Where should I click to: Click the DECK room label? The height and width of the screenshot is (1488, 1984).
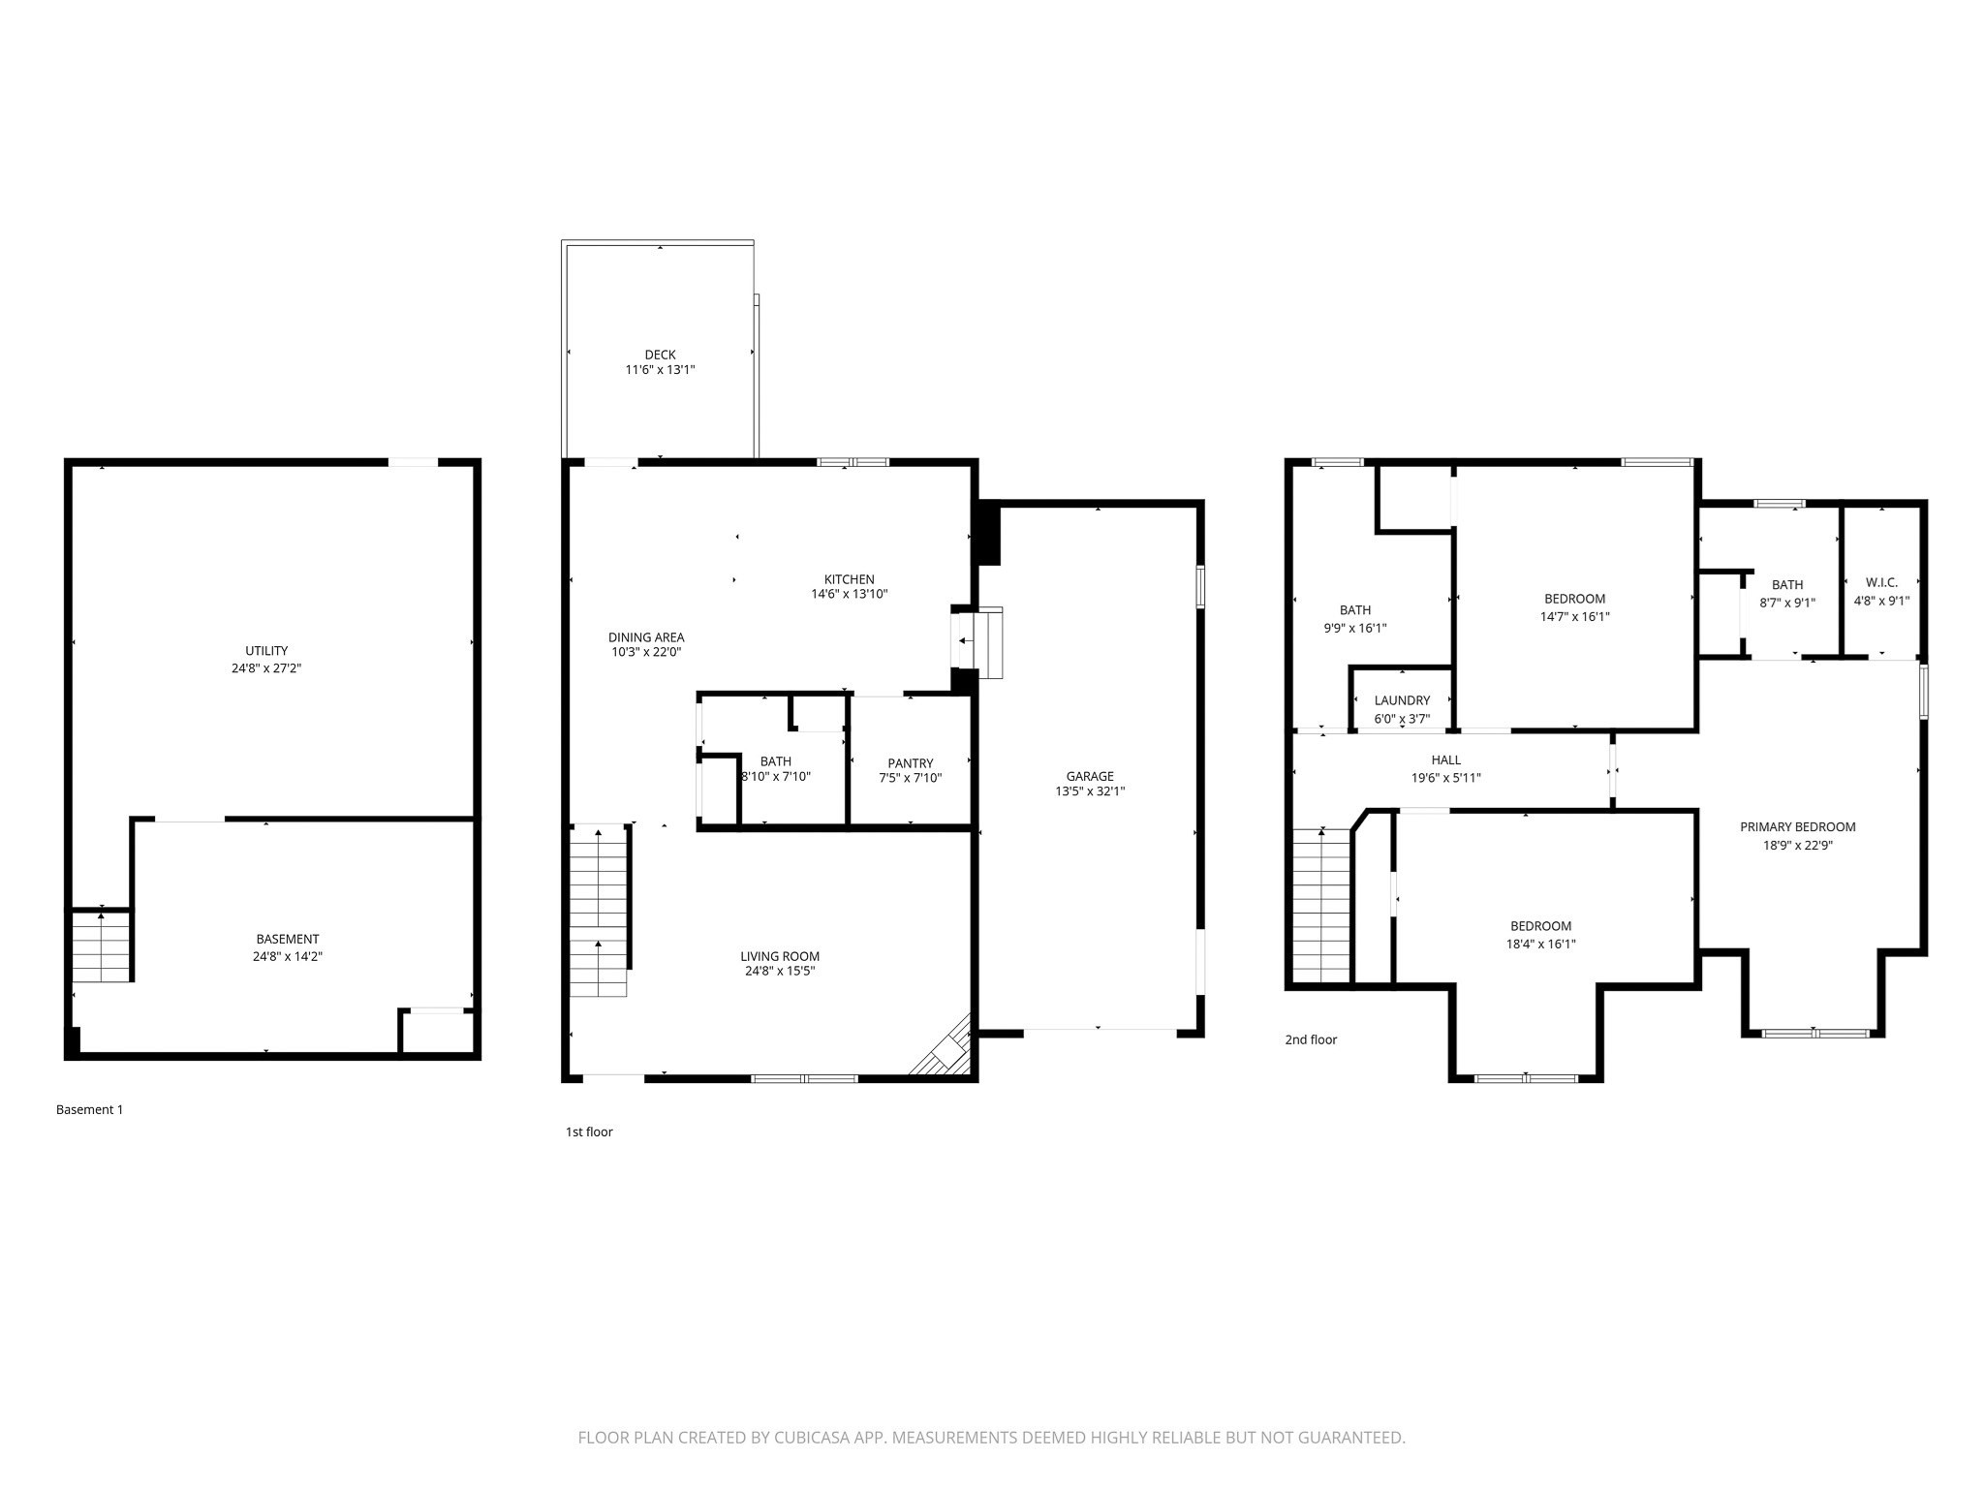660,355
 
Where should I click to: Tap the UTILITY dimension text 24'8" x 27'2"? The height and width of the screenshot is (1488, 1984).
266,668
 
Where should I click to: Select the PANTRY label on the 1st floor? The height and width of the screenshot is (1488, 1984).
910,763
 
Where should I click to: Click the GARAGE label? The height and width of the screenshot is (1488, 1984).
1090,776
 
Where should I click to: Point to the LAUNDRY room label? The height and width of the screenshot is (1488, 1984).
1402,700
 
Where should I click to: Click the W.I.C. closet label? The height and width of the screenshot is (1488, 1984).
1881,582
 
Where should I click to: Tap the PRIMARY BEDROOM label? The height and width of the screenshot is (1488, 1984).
1797,827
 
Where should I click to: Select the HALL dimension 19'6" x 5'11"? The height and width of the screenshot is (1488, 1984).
1445,778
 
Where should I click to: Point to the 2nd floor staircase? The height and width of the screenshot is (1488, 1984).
1321,907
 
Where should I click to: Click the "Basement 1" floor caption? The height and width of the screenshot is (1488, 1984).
90,1110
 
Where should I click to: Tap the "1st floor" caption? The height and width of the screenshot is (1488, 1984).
589,1131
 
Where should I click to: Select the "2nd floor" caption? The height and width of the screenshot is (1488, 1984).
1311,1039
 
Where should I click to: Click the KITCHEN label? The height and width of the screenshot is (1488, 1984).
849,579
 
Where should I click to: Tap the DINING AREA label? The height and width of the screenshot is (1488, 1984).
646,637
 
